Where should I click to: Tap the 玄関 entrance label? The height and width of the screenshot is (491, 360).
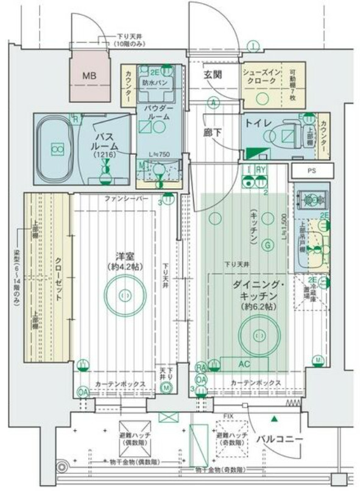click(x=213, y=76)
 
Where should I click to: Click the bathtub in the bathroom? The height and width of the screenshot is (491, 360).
click(x=58, y=148)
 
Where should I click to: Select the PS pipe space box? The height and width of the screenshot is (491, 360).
click(x=311, y=171)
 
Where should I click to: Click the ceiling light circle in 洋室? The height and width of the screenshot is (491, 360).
click(x=125, y=294)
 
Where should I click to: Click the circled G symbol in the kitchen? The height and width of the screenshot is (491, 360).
click(x=267, y=245)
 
